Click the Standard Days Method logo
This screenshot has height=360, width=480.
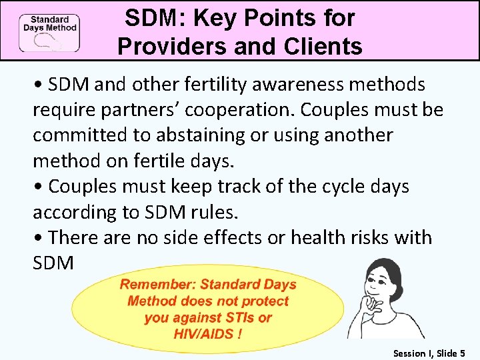coord(49,31)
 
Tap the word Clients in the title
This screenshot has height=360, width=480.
coord(323,47)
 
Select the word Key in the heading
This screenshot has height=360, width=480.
coord(220,18)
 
